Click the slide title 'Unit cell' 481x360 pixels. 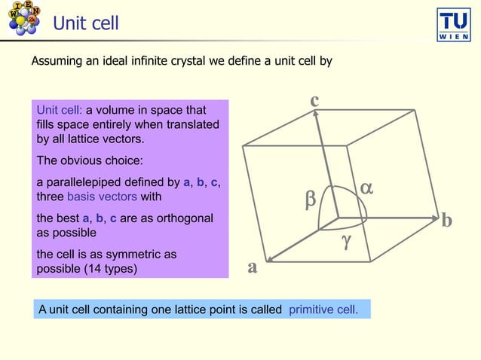point(85,23)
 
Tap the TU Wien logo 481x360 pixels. point(454,24)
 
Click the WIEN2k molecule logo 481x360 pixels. point(23,18)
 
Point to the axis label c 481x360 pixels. point(314,99)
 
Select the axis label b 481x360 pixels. point(447,221)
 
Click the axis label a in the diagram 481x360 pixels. point(253,267)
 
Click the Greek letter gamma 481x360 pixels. point(346,241)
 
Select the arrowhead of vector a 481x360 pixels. point(269,261)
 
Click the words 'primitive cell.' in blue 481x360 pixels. point(324,310)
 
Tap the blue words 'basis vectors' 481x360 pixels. point(102,197)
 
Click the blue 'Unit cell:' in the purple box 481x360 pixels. point(59,110)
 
